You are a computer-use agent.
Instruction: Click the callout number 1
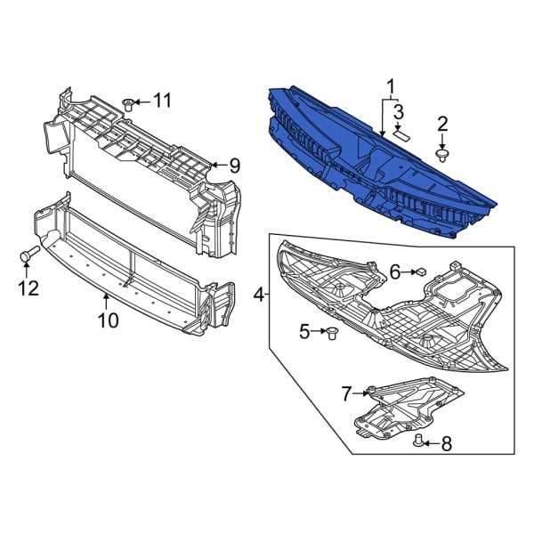point(389,86)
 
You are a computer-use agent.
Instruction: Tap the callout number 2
point(442,125)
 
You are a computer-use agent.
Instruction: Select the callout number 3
point(399,111)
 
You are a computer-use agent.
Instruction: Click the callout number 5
point(304,332)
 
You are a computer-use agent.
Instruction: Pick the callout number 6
point(394,273)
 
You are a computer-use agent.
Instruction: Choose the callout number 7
point(347,391)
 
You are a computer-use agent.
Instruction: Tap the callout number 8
point(447,442)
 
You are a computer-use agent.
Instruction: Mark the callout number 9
point(234,165)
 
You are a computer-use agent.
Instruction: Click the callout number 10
point(107,320)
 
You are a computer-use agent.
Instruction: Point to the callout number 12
point(28,287)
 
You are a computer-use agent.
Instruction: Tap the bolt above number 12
point(28,256)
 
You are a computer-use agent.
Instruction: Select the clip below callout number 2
point(442,155)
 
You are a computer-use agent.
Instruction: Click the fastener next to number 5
point(334,333)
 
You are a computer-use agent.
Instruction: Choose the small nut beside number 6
point(424,273)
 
